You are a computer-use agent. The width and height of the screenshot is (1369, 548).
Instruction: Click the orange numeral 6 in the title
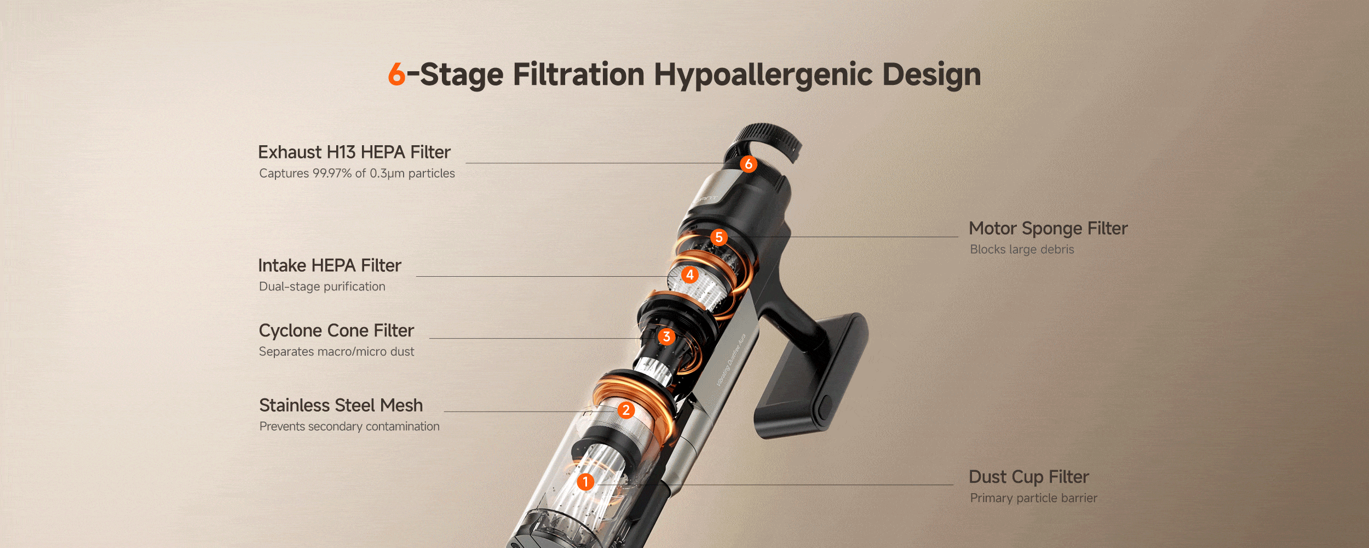click(x=396, y=74)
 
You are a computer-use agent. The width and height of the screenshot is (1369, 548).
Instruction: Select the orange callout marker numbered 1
click(x=585, y=482)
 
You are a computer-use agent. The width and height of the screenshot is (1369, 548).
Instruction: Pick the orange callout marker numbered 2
click(x=626, y=410)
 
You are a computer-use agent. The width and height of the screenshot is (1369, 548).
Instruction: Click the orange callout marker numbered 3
click(x=666, y=336)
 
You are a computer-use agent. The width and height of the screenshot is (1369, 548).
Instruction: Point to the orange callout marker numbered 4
click(x=690, y=275)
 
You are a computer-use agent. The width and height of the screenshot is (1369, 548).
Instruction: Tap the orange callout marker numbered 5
click(x=719, y=237)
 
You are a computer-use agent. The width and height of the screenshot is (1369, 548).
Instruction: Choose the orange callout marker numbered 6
click(x=749, y=164)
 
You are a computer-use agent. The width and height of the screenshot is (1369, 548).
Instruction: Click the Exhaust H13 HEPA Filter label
click(x=354, y=152)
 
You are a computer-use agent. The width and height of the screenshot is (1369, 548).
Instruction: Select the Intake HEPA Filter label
click(x=330, y=265)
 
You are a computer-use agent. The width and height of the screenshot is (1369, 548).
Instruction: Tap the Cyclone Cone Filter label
click(x=336, y=330)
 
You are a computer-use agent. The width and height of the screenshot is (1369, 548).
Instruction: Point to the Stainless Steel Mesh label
click(x=341, y=406)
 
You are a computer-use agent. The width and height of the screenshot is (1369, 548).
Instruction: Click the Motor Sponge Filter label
click(x=1048, y=229)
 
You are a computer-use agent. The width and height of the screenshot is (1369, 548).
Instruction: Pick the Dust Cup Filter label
click(x=1029, y=477)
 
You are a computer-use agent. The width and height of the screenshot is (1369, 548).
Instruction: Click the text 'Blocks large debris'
click(x=1022, y=249)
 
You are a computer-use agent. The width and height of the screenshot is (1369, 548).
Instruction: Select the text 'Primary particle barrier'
click(x=1034, y=498)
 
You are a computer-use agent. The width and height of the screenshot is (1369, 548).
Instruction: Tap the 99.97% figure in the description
click(x=332, y=173)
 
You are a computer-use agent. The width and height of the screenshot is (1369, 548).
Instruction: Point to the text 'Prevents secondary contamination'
click(x=349, y=426)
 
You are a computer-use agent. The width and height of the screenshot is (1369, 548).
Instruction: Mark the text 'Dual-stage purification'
click(x=322, y=287)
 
